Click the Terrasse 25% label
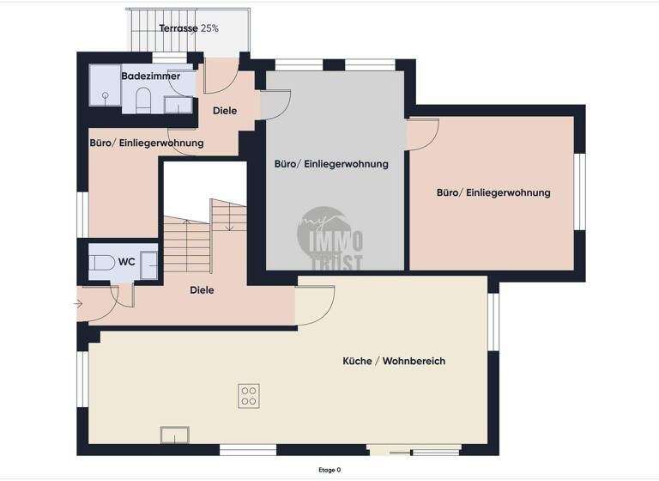point(189,28)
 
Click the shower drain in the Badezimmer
point(106,97)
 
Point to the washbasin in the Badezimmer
point(178,105)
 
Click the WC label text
point(126,261)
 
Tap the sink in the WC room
point(149,265)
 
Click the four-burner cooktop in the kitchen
point(250,396)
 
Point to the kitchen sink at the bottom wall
point(174,435)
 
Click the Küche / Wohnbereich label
point(394,362)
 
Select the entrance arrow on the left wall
point(79,303)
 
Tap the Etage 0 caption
point(329,470)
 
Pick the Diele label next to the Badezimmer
point(225,111)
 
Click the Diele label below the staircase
point(201,290)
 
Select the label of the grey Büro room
point(331,163)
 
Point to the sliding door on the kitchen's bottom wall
point(414,450)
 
